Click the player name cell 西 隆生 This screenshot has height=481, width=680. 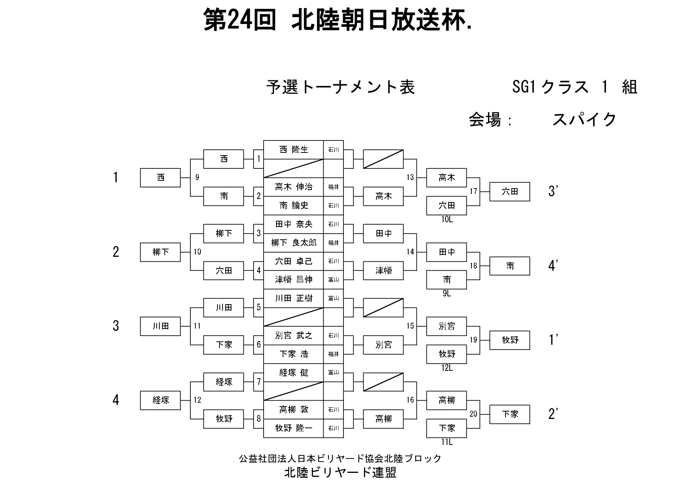[x=293, y=150]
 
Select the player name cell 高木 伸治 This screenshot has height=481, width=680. [x=293, y=187]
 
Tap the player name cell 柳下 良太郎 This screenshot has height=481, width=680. [x=293, y=243]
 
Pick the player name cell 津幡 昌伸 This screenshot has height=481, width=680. [x=293, y=280]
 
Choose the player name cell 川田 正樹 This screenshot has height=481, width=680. [x=293, y=298]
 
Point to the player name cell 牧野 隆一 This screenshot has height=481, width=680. [x=293, y=428]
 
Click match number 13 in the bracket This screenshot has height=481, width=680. [x=410, y=177]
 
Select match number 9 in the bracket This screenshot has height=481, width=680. [x=197, y=177]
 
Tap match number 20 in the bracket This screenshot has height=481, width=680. [x=473, y=414]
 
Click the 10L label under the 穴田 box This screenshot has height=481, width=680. [x=447, y=220]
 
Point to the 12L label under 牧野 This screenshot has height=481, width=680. [x=447, y=368]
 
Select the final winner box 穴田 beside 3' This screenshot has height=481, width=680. [x=509, y=192]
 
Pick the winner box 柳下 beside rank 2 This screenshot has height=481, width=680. [x=161, y=252]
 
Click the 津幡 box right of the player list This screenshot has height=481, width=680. [x=383, y=270]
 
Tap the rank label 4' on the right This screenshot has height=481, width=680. [x=553, y=266]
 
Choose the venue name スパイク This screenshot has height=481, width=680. [x=584, y=119]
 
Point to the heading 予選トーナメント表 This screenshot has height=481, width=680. [x=340, y=87]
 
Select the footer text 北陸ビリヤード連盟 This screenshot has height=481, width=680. [x=340, y=472]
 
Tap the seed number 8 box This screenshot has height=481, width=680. [x=259, y=419]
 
